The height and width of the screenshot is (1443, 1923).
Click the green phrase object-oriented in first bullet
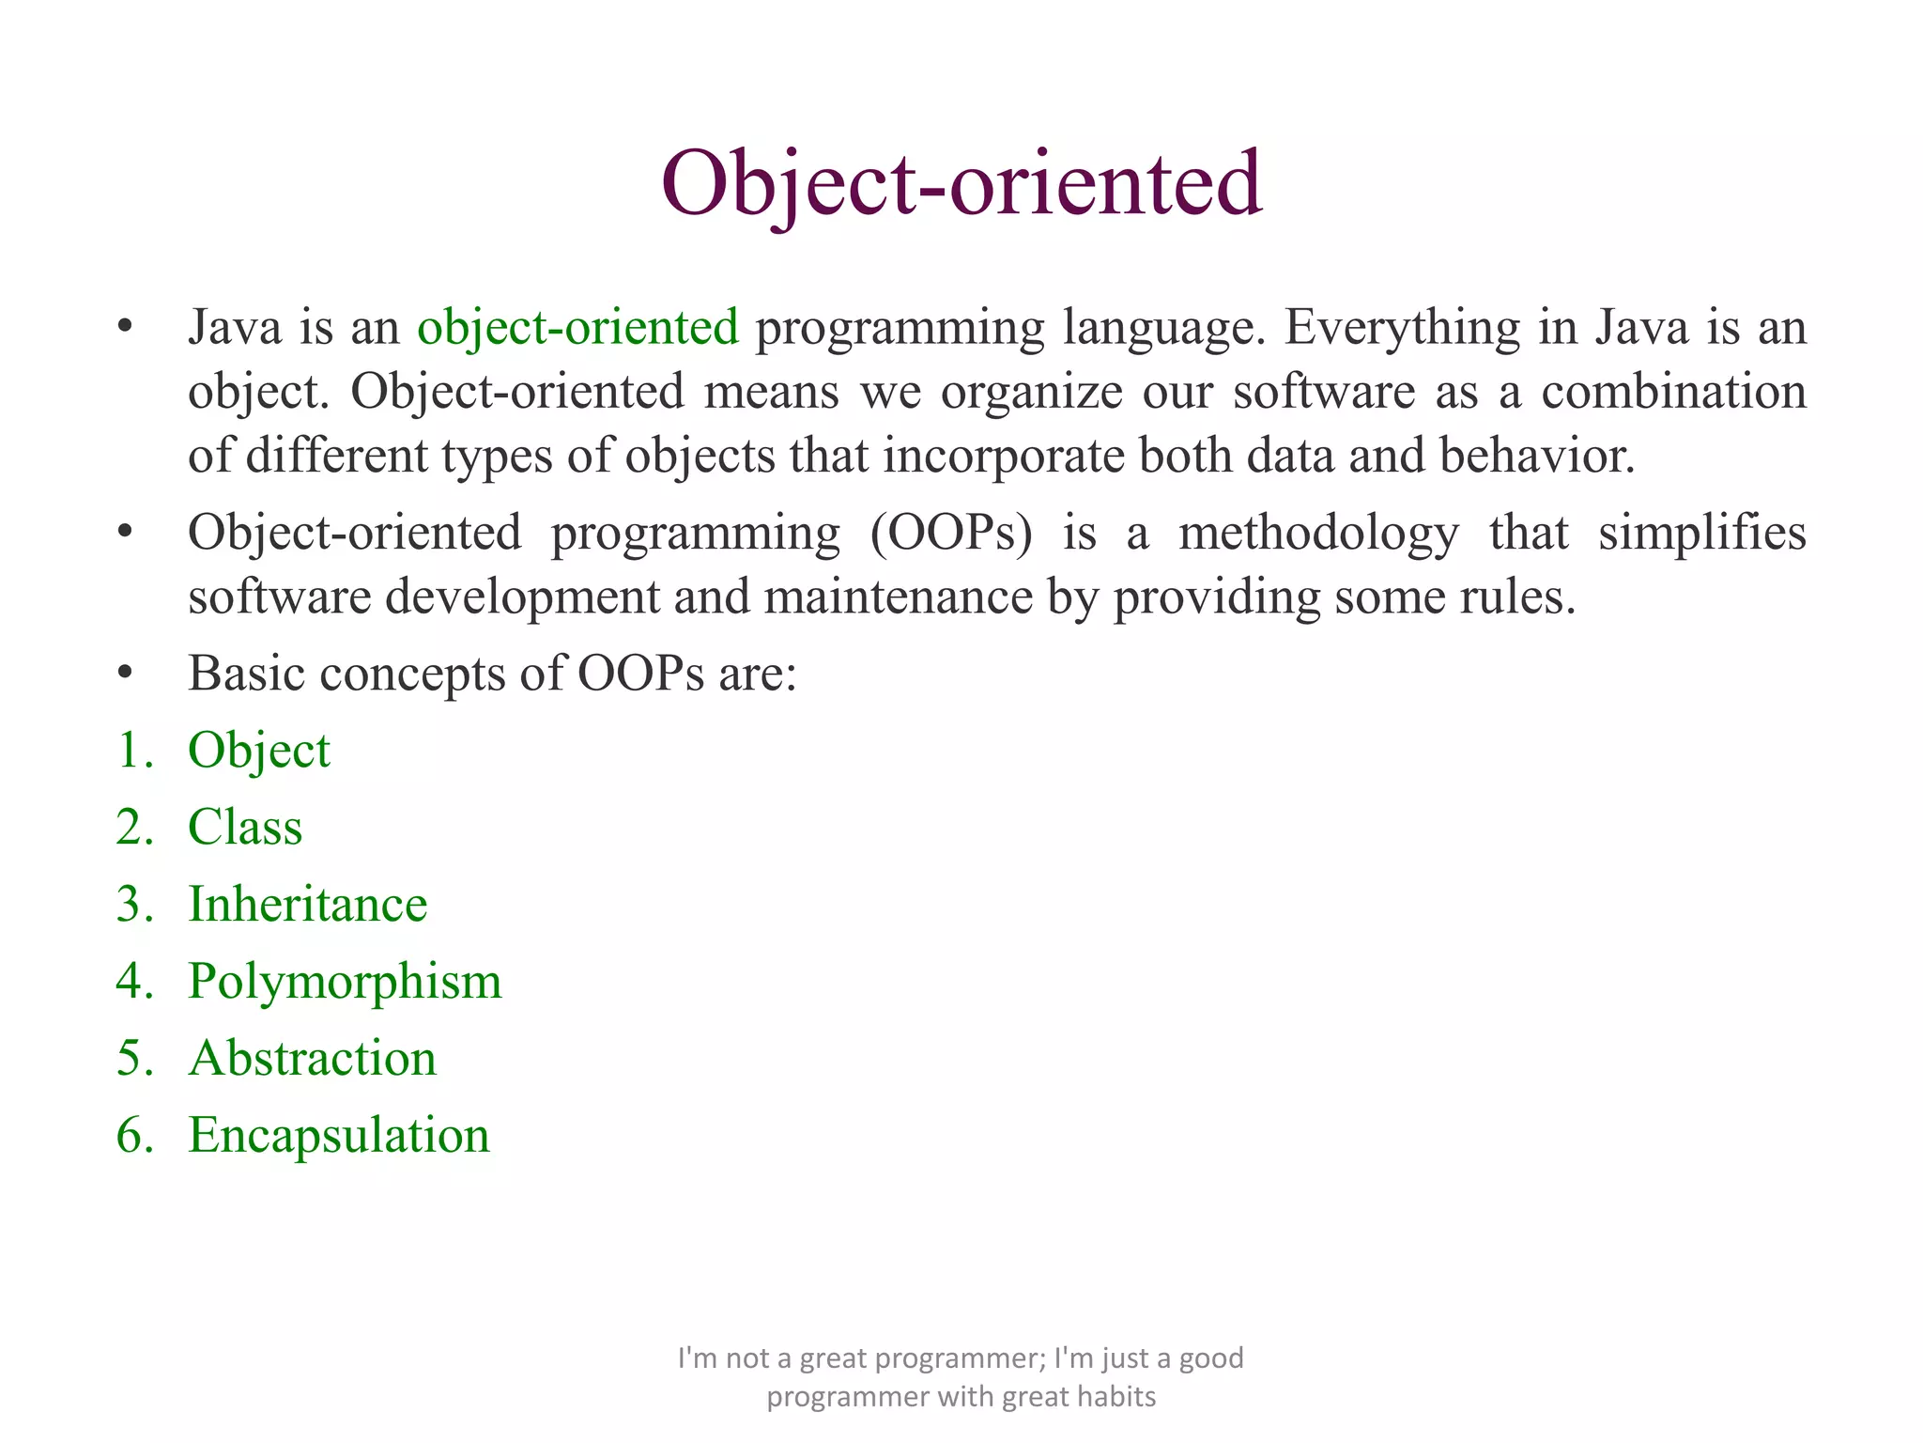[x=577, y=328]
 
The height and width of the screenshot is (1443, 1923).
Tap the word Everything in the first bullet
[x=1401, y=328]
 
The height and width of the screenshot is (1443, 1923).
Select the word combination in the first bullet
[x=1673, y=392]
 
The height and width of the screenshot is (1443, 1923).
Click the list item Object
[x=258, y=751]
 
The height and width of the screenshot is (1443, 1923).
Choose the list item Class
[x=245, y=828]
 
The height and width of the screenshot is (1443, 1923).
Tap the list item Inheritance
[x=307, y=905]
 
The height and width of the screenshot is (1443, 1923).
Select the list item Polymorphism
[x=345, y=982]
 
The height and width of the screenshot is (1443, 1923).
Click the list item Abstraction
[x=312, y=1059]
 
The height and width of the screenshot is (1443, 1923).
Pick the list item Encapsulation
[x=338, y=1136]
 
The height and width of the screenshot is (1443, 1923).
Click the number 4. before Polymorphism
[x=133, y=982]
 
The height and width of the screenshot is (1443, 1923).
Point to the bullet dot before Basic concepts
[x=125, y=674]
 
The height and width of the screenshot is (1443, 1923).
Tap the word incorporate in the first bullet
[x=1004, y=456]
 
